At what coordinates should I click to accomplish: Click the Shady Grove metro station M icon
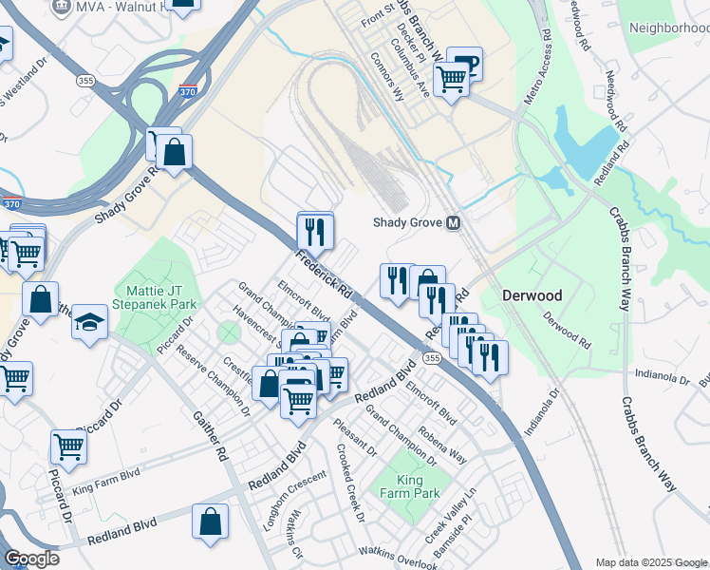point(453,222)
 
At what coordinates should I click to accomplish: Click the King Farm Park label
point(418,486)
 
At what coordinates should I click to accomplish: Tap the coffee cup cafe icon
point(466,64)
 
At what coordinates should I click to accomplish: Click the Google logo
point(31,559)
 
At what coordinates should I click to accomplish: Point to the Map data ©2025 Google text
point(650,562)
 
